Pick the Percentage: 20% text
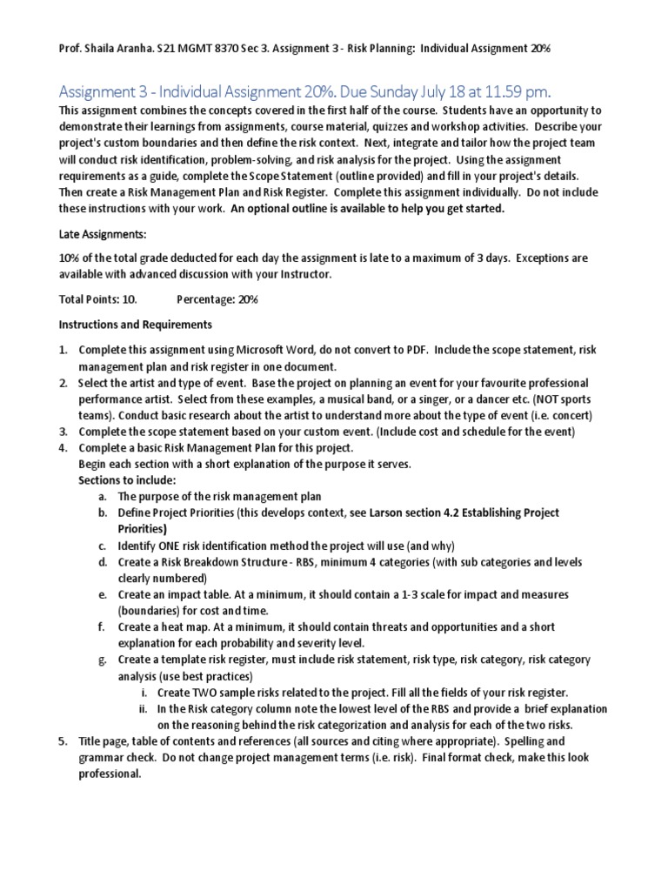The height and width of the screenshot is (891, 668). (x=217, y=299)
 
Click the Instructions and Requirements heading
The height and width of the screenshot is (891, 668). (x=134, y=325)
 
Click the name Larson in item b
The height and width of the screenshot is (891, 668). (x=389, y=512)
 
